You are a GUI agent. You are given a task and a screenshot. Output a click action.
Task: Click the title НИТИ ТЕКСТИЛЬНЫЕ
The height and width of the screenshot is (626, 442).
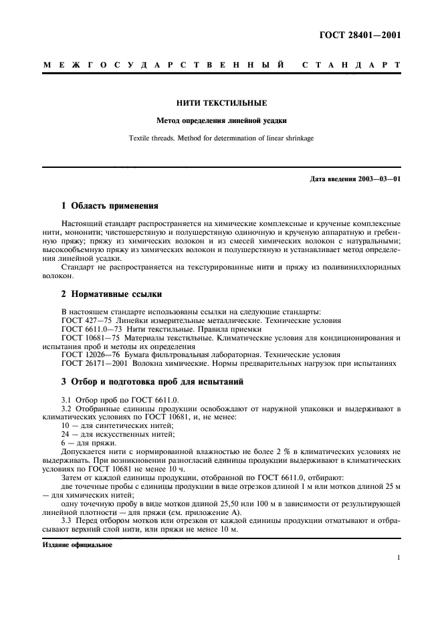(221, 103)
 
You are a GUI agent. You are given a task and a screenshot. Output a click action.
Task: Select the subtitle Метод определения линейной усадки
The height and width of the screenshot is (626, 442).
(221, 121)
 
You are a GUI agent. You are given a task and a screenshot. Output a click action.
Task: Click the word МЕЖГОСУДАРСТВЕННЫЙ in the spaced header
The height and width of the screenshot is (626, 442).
(160, 66)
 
